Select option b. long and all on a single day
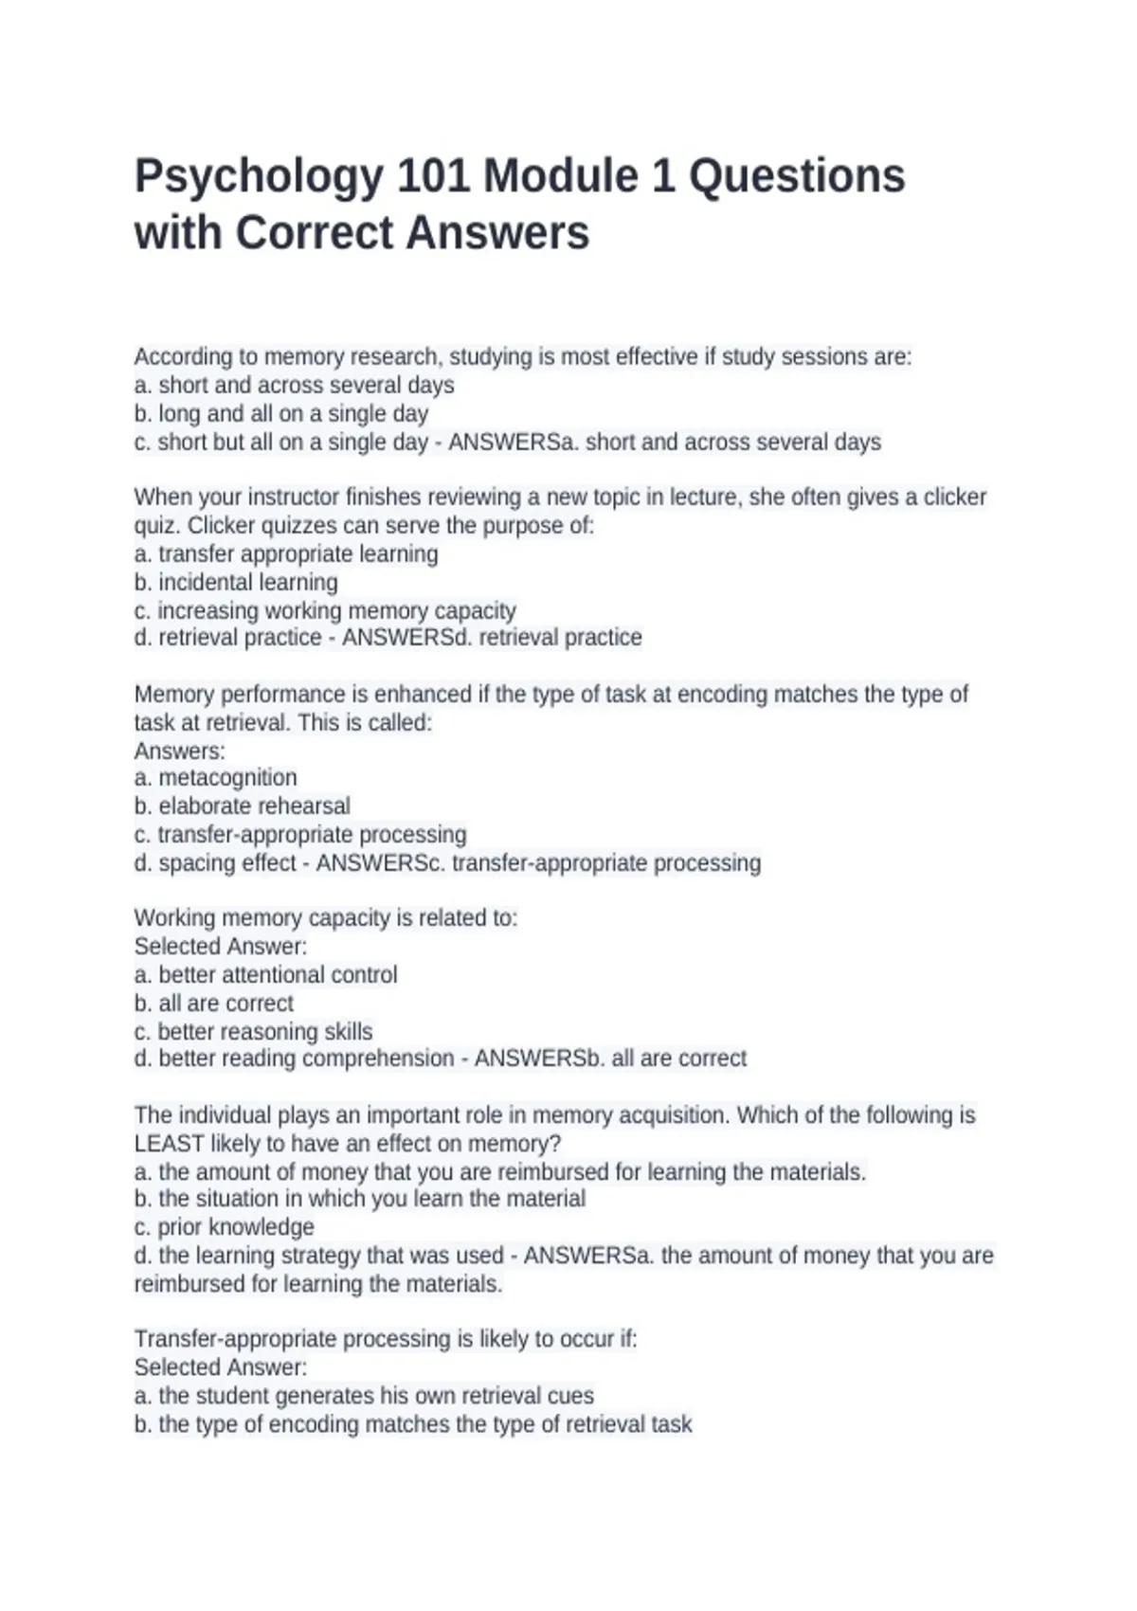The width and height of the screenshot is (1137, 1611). point(281,414)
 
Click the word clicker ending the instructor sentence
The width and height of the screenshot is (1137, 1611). point(955,498)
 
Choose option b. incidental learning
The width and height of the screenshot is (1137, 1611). point(236,583)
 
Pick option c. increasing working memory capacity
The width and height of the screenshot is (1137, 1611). point(325,611)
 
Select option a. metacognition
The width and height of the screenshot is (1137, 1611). point(216,778)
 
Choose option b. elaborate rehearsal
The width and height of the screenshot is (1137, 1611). point(243,806)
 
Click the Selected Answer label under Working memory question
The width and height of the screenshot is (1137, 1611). point(221,947)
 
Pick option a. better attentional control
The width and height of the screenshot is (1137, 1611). point(266,975)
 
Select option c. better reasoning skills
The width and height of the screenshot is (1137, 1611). point(254,1032)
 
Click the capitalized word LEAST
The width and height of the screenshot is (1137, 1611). point(169,1144)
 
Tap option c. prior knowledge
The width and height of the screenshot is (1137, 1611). point(225,1227)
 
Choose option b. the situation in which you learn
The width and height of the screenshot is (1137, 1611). point(360,1199)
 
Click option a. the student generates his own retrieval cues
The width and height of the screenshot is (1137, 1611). point(364,1396)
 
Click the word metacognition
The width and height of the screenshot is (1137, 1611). point(227,778)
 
